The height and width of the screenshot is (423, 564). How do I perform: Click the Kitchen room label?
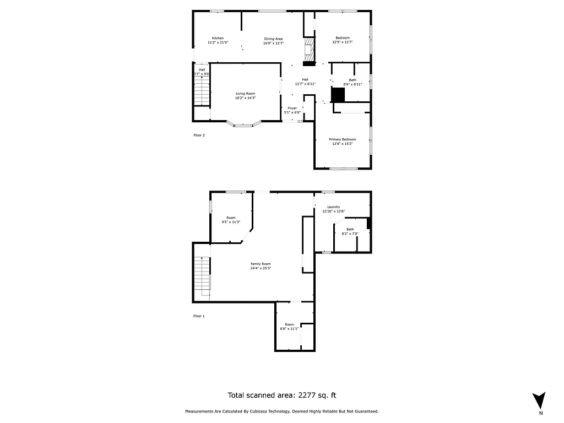click(x=218, y=38)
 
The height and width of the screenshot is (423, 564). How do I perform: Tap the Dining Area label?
click(x=273, y=39)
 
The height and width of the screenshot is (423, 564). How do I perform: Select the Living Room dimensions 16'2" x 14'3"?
click(x=245, y=98)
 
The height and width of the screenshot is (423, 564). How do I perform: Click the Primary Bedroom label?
click(x=343, y=139)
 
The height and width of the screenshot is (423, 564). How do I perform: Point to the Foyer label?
click(x=292, y=108)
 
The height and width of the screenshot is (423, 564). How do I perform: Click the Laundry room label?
click(x=333, y=207)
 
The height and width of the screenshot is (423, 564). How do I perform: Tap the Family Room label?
click(x=261, y=264)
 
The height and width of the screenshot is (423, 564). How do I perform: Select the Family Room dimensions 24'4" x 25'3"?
click(x=261, y=269)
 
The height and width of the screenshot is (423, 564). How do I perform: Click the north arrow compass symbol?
click(x=540, y=400)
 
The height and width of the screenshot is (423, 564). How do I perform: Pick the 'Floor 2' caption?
click(x=199, y=135)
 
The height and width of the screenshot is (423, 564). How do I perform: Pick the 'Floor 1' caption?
click(x=199, y=316)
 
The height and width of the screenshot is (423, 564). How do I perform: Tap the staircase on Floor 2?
click(x=202, y=91)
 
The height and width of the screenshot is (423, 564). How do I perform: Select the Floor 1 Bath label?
click(x=350, y=229)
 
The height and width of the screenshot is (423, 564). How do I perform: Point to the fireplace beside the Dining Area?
click(x=310, y=50)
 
